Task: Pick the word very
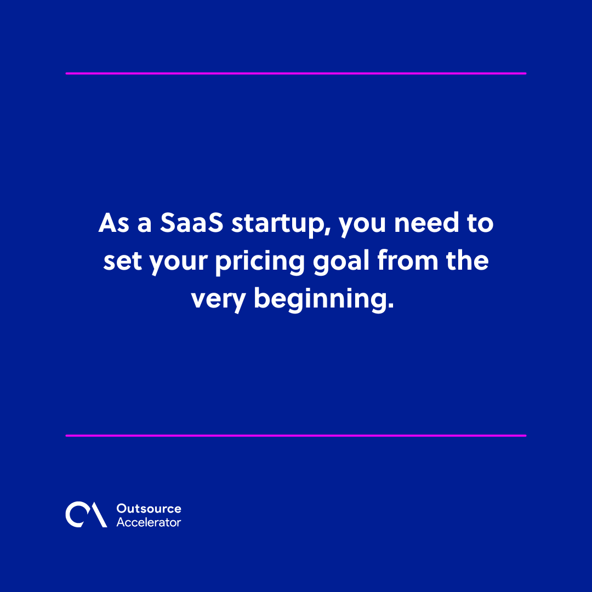click(x=218, y=299)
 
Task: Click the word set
click(x=118, y=262)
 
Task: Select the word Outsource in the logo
click(x=149, y=509)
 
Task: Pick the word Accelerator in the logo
click(x=149, y=522)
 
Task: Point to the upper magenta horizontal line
click(x=296, y=73)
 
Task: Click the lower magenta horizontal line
click(x=296, y=436)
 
